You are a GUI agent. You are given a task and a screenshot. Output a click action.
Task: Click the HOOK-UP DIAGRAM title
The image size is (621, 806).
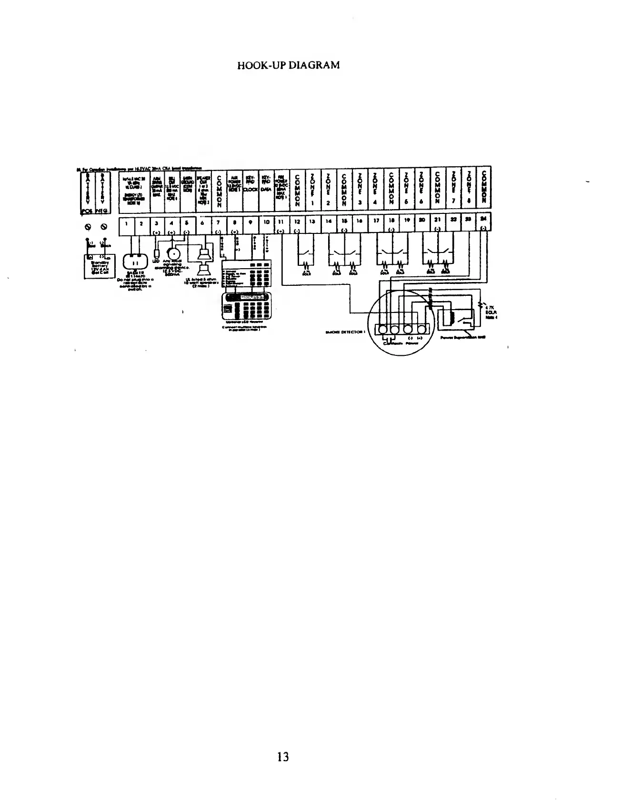tap(289, 65)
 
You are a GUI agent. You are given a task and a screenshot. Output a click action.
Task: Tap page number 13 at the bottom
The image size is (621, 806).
tap(283, 756)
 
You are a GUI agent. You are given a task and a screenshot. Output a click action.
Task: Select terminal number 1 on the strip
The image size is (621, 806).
tap(126, 222)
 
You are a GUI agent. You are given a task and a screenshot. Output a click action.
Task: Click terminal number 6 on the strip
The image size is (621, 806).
tap(203, 222)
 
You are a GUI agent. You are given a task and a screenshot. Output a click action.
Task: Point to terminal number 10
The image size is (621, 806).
tap(267, 222)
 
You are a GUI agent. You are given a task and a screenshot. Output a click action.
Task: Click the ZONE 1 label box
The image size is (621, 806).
tap(312, 188)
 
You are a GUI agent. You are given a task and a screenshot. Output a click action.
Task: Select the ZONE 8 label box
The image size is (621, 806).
tap(469, 188)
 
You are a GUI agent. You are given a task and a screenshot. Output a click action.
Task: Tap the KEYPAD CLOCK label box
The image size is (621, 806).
tap(250, 188)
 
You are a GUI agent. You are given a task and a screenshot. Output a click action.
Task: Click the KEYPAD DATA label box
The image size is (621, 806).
tap(266, 188)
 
